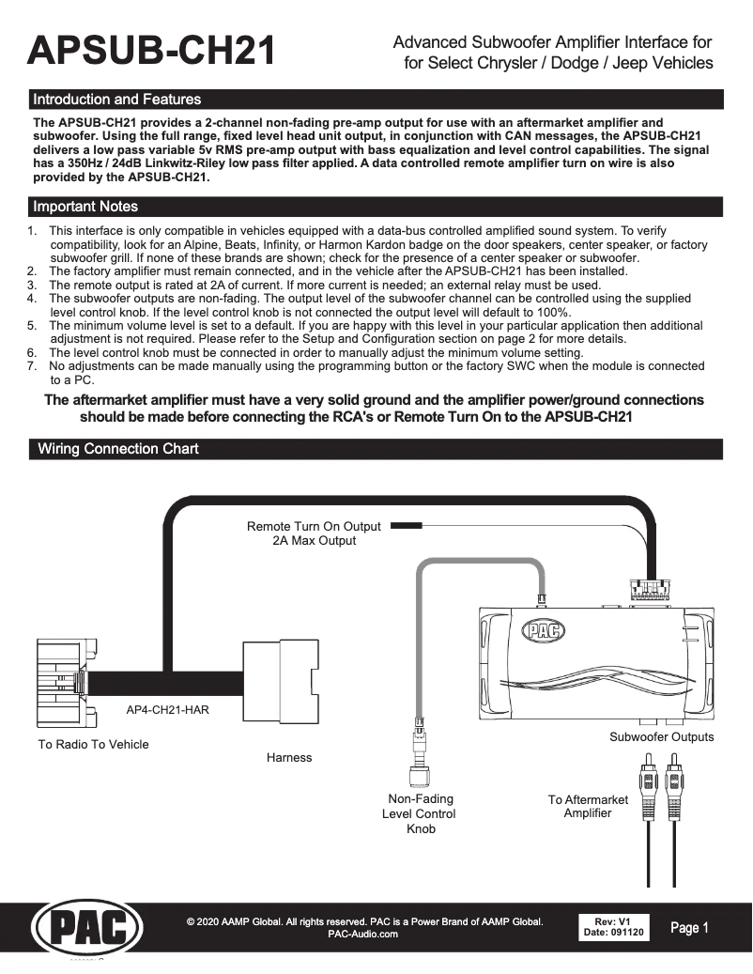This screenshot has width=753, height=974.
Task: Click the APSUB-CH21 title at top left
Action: click(x=153, y=51)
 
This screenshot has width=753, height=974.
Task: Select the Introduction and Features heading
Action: click(x=116, y=99)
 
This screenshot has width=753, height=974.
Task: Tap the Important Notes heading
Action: click(x=85, y=207)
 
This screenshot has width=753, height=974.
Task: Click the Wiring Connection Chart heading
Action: click(x=117, y=449)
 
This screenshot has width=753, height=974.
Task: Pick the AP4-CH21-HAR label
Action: click(x=167, y=710)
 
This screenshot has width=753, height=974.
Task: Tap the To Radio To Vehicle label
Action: click(x=93, y=745)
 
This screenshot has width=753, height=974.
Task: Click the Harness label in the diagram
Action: click(x=289, y=757)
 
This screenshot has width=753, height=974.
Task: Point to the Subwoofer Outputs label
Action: click(x=661, y=737)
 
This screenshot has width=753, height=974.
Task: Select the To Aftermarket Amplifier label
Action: click(x=588, y=806)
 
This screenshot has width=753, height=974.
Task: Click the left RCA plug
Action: click(x=648, y=776)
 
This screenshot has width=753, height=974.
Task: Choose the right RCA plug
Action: click(x=673, y=776)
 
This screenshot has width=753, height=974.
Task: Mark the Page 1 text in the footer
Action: click(x=690, y=928)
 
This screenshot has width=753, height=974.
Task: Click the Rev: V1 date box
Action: click(x=614, y=927)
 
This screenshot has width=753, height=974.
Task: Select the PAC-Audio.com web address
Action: click(x=363, y=935)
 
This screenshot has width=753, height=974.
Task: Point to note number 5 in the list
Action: click(x=31, y=326)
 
